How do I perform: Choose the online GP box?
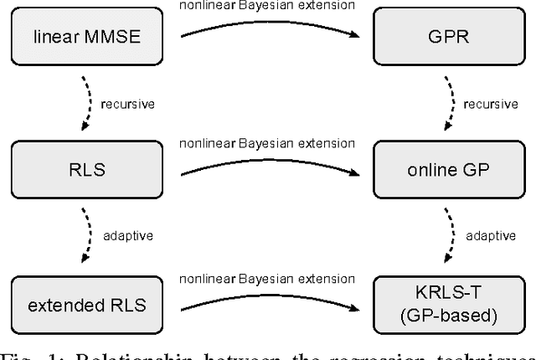point(436,170)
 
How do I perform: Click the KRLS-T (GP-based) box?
point(436,303)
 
